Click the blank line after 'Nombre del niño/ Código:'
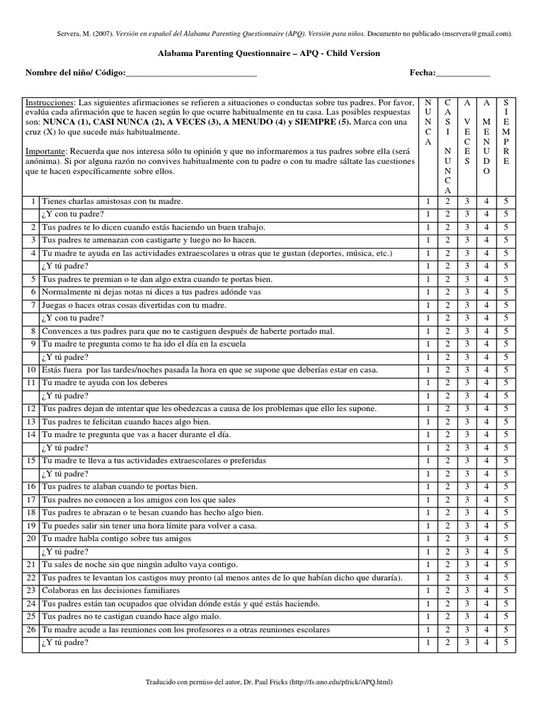[191, 74]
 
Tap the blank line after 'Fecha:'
[462, 74]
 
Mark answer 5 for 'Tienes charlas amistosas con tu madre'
[507, 202]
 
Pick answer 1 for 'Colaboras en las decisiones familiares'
[429, 590]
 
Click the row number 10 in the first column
[31, 370]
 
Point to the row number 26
[31, 629]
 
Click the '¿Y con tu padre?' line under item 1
[73, 214]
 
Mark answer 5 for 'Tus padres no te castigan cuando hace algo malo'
[507, 616]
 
